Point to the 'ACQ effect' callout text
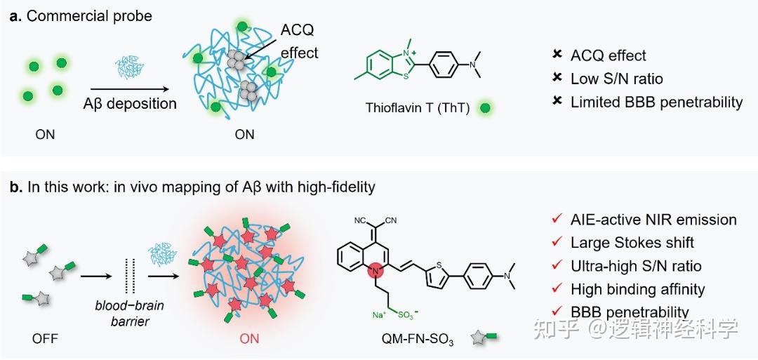[x=299, y=42]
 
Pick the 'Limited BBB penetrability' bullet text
[x=656, y=102]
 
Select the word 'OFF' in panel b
[x=45, y=340]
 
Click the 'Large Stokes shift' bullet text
[x=632, y=243]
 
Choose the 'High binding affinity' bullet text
[x=637, y=288]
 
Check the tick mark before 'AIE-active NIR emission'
[x=557, y=219]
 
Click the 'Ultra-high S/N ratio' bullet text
[x=636, y=266]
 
